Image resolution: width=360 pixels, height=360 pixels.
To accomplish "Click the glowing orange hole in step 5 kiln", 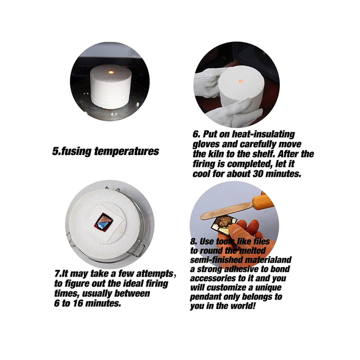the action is [x=111, y=72].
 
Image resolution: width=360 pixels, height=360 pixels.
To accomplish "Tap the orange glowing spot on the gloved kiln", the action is [x=241, y=81].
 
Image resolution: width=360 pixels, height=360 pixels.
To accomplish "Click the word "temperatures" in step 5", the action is [x=127, y=151].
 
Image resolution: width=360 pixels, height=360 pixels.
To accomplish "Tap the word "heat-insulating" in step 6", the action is [x=263, y=134].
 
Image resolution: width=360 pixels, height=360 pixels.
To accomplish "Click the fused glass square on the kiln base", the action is [x=103, y=222].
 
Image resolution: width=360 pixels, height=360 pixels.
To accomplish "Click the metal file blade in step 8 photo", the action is [x=227, y=211].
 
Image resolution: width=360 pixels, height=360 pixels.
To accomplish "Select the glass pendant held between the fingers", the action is [x=224, y=225].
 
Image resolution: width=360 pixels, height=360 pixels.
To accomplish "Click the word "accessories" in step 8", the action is [x=213, y=278].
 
